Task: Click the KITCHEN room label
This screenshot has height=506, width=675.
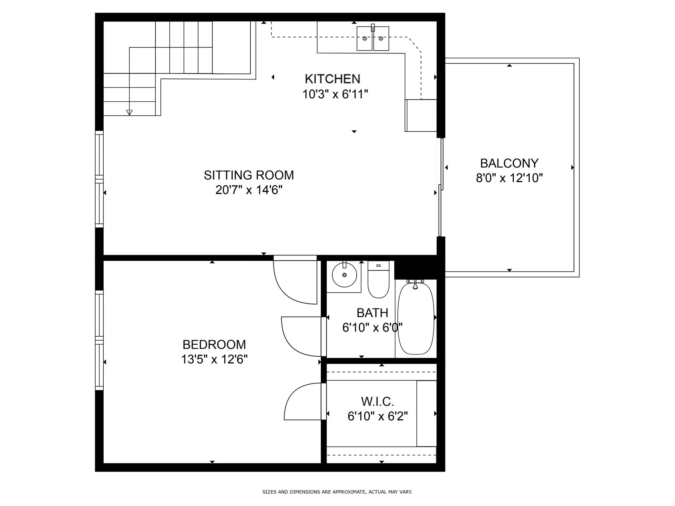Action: (x=332, y=79)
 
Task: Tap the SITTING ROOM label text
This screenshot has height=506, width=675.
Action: (x=249, y=175)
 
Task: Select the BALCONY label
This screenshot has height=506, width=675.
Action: (x=509, y=163)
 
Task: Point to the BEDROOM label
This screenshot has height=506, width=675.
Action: (x=214, y=345)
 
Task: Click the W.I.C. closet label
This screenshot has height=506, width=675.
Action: (x=377, y=401)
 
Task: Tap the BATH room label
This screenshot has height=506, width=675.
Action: (x=372, y=313)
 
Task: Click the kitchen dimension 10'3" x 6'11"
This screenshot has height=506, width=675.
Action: (x=335, y=94)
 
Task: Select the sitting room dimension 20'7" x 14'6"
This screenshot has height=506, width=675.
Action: (x=249, y=190)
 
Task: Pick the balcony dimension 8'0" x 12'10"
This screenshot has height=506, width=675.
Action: (x=509, y=178)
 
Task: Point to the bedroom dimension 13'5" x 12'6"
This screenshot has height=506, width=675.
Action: (x=214, y=359)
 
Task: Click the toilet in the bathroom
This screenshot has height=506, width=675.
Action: (x=378, y=279)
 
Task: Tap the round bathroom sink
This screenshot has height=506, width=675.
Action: (x=344, y=275)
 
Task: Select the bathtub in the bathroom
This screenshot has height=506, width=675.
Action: (x=416, y=317)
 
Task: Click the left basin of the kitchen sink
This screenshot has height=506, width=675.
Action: (x=365, y=38)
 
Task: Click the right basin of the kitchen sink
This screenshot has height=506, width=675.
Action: (x=381, y=38)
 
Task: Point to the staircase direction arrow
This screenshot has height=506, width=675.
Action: (x=129, y=112)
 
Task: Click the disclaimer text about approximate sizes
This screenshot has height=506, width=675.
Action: (x=337, y=492)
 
